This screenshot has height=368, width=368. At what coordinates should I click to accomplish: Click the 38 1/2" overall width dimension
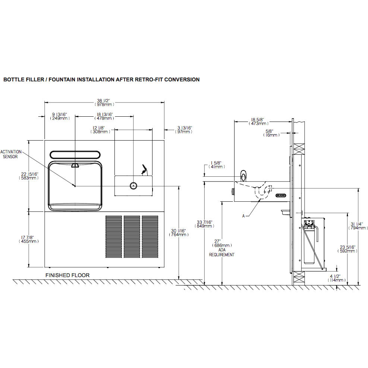pos(105,103)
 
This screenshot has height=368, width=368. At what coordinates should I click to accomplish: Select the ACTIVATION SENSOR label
pos(11,154)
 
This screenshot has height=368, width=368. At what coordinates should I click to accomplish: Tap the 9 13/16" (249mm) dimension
pos(60,116)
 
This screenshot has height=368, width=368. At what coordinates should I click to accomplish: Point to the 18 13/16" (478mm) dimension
pos(105,116)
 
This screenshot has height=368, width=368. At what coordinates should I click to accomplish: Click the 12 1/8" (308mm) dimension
pos(98,130)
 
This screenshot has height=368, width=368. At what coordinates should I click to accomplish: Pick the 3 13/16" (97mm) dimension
pos(184,130)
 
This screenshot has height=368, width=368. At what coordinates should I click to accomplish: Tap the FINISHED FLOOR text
pos(67,275)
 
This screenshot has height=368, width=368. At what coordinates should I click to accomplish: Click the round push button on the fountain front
pos(133,185)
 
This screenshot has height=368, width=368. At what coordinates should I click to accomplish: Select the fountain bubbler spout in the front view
pos(144,170)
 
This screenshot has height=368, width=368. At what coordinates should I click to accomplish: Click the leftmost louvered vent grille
pos(113,236)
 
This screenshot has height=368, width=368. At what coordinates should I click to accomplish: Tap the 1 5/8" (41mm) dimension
pos(216,165)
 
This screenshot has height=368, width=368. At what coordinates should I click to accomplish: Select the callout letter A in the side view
pos(244,215)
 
